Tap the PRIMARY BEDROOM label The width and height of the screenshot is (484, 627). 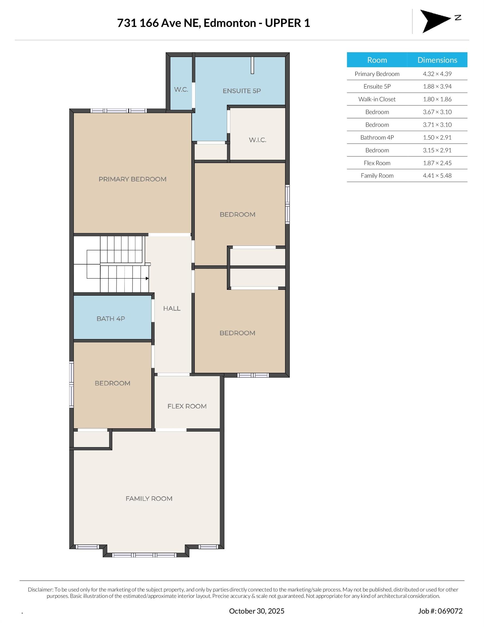132,179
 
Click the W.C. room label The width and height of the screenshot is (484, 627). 181,90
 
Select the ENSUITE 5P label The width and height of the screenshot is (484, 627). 241,91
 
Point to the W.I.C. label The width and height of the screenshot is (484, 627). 257,140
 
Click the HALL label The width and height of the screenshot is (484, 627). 172,309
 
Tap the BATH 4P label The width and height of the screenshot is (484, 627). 111,319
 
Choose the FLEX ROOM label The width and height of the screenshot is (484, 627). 187,406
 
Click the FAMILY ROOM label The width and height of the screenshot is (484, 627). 149,499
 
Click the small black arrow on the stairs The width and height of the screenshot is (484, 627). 147,278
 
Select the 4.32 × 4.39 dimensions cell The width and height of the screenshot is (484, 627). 437,74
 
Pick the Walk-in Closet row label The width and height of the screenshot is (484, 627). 377,99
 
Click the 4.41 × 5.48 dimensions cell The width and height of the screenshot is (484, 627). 437,176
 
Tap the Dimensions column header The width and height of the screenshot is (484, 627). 437,60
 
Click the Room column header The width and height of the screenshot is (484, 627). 377,60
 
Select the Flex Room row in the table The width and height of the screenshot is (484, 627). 377,163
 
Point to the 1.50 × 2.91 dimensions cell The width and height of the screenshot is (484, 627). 437,137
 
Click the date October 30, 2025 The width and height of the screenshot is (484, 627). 256,611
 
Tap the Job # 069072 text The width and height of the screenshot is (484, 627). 440,611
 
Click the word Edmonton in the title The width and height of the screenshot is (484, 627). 229,23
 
